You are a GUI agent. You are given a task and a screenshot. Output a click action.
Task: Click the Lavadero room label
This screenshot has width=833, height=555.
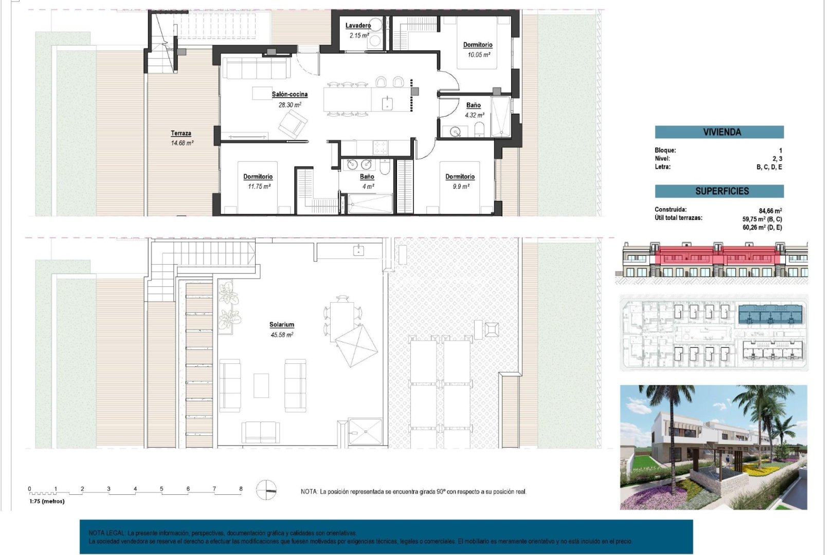358,26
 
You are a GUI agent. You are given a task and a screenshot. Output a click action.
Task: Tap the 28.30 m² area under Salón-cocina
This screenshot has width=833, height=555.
289,105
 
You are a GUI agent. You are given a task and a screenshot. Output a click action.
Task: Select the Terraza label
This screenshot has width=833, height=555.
181,133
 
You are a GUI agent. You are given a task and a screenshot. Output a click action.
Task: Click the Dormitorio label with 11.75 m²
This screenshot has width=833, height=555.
258,177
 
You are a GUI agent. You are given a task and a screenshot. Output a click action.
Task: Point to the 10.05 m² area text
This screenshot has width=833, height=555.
478,54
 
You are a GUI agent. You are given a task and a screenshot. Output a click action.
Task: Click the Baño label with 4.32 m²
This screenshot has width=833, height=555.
473,105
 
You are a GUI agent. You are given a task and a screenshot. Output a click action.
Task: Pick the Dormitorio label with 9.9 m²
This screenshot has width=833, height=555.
460,177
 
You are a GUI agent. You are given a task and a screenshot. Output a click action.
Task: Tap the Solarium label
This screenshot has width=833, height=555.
282,325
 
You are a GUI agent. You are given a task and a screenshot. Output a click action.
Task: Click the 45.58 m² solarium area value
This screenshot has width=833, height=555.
282,335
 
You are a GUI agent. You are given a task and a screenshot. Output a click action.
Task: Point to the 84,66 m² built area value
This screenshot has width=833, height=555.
770,211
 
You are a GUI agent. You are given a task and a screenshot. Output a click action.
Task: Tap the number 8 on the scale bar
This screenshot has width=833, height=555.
241,489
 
